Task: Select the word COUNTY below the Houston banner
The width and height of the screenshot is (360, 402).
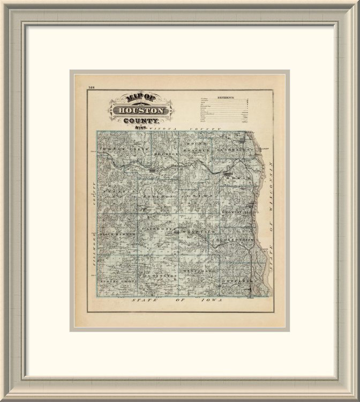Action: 141,122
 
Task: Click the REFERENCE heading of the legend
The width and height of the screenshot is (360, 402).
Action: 226,98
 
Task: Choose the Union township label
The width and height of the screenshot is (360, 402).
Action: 194,196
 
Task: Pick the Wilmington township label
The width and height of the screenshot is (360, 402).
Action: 159,275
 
